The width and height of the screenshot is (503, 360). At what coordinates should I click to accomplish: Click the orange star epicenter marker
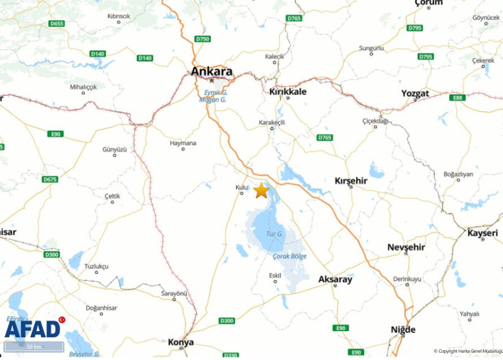tap(261, 190)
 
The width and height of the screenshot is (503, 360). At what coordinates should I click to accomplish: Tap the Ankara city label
tap(212, 71)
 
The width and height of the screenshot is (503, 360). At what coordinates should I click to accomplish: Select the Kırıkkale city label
tap(288, 91)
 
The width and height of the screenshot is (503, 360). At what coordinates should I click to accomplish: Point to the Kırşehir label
tap(351, 181)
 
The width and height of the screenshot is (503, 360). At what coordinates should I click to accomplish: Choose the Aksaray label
tap(336, 279)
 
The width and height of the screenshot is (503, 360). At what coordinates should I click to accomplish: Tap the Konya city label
tap(181, 342)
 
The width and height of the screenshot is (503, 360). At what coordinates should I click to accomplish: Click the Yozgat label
tap(415, 93)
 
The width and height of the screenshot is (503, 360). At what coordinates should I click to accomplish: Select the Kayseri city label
tap(483, 233)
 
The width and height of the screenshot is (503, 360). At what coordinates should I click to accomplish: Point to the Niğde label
tap(403, 329)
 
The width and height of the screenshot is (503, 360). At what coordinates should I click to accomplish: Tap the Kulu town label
tap(242, 187)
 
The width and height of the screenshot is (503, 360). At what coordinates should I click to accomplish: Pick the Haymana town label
tap(183, 143)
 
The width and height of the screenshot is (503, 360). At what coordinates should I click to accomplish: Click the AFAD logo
tap(34, 328)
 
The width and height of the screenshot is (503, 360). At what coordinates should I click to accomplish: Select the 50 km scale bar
tap(34, 347)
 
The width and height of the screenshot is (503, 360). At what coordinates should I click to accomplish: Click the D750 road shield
tap(202, 39)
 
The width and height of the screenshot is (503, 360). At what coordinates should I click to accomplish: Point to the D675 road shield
tap(50, 179)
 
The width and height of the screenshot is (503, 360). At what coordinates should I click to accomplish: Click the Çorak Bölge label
tap(290, 256)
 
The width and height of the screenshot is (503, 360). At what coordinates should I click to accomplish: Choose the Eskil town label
tap(275, 275)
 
